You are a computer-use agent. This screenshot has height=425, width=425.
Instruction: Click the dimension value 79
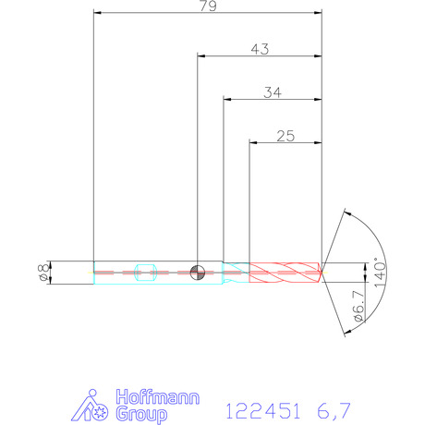[x=208, y=6]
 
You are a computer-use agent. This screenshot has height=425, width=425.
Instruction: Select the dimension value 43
[x=260, y=49]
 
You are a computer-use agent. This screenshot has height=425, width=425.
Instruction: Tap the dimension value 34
[x=273, y=92]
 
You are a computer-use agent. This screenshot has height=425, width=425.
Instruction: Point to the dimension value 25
[x=285, y=136]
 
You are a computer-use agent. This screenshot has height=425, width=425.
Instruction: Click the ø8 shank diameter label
[x=45, y=272]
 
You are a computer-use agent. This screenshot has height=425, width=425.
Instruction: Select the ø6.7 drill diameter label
[x=359, y=306]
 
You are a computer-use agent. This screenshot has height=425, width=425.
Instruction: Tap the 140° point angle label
[x=380, y=273]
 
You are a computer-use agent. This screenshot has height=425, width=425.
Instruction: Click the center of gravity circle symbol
[x=198, y=273]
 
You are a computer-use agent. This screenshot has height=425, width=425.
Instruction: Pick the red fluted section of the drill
[x=285, y=273]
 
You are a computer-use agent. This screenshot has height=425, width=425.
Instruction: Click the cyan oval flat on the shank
[x=146, y=273]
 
